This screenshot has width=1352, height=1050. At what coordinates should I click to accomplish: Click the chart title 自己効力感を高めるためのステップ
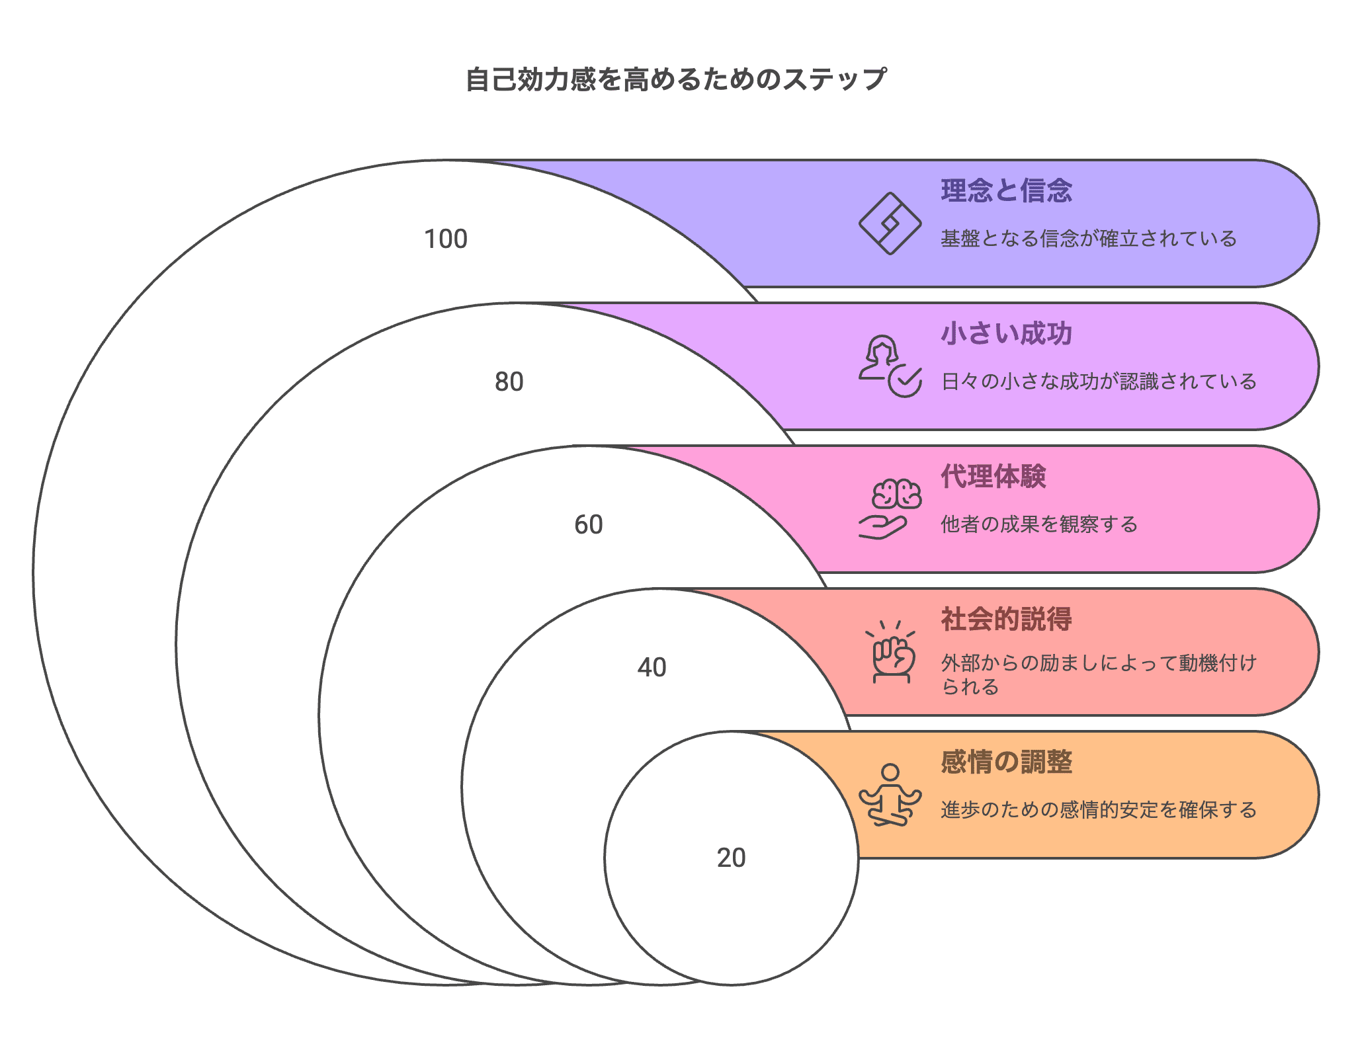(x=675, y=79)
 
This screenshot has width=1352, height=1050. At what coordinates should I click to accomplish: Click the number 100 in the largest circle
(x=446, y=239)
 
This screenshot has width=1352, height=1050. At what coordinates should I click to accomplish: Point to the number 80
(x=509, y=382)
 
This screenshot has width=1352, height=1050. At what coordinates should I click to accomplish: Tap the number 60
(x=589, y=524)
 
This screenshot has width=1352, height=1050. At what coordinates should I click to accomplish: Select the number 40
(x=652, y=667)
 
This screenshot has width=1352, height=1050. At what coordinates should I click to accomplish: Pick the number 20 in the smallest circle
(x=732, y=858)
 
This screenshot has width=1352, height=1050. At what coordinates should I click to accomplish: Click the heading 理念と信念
(x=1006, y=190)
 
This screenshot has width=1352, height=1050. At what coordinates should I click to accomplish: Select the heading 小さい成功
(x=1006, y=333)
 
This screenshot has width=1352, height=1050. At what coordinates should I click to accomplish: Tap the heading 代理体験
(x=993, y=476)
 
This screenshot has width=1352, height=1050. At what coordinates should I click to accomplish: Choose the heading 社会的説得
(x=1006, y=619)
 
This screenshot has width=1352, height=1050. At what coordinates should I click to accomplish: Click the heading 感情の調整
(x=1006, y=762)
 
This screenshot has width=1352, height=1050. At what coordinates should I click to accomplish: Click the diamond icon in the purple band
(x=890, y=223)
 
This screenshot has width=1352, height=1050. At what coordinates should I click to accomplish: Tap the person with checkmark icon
(x=890, y=366)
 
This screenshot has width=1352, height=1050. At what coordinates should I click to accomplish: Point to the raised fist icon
(x=890, y=652)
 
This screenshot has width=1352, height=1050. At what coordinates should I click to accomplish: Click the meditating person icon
(x=890, y=795)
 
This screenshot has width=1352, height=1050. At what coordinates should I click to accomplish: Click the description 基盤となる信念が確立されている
(x=1089, y=238)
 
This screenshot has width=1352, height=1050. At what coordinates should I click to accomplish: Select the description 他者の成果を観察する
(x=1039, y=524)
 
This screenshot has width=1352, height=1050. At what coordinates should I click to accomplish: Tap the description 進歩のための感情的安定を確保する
(x=1099, y=810)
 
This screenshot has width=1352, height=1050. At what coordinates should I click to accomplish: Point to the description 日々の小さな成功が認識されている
(x=1099, y=382)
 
